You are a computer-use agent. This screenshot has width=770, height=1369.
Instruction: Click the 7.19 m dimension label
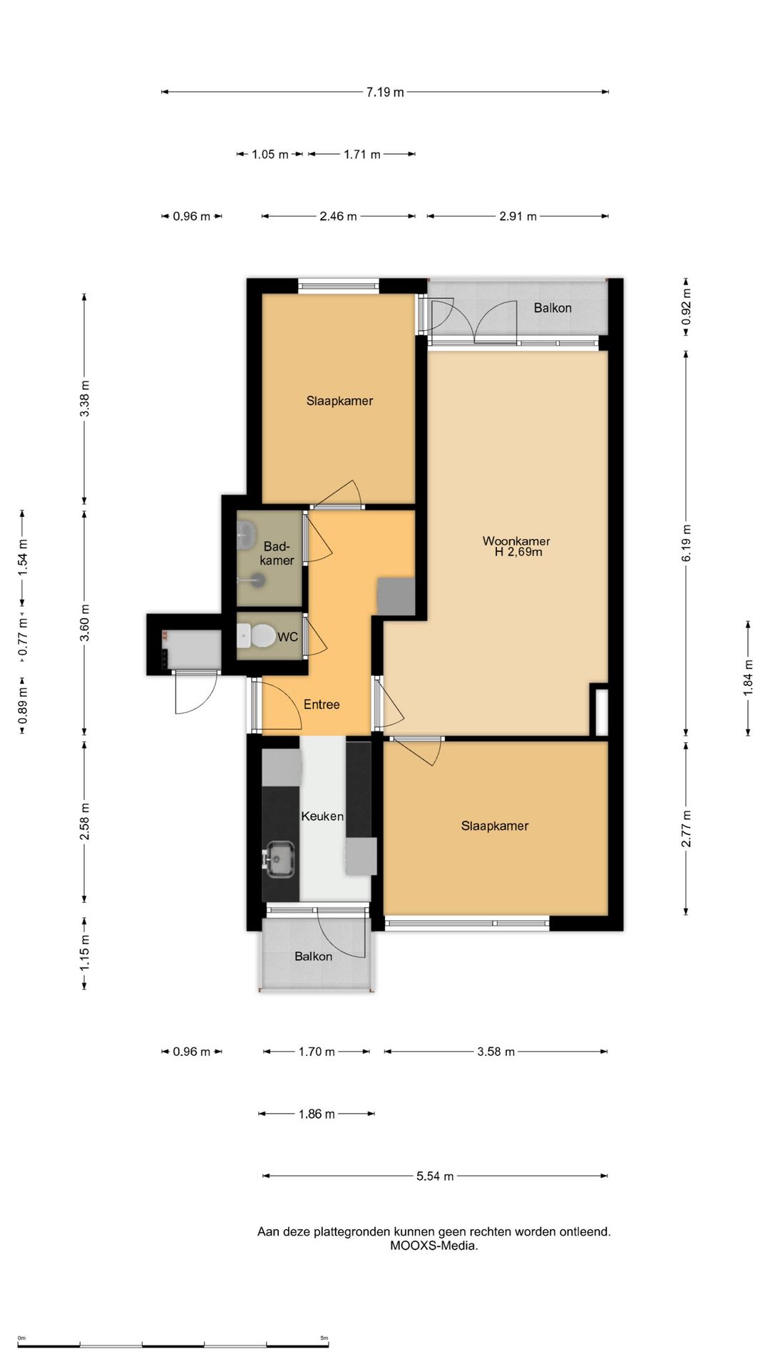click(x=385, y=92)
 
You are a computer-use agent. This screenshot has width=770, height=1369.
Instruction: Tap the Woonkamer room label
click(x=516, y=541)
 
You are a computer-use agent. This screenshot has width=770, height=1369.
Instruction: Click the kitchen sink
click(x=279, y=858)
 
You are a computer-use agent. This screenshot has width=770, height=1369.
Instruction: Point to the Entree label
click(x=322, y=704)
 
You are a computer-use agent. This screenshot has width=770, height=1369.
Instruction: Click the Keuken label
click(x=322, y=816)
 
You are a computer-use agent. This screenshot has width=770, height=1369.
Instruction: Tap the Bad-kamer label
click(x=277, y=553)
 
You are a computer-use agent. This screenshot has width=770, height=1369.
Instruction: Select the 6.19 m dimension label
click(x=687, y=543)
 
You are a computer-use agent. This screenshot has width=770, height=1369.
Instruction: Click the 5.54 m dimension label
click(x=435, y=1176)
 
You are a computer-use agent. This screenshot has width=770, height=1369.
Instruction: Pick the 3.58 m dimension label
click(x=496, y=1052)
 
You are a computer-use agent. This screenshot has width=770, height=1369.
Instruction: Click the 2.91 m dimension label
click(x=518, y=216)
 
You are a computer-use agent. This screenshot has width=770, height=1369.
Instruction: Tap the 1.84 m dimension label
click(x=748, y=677)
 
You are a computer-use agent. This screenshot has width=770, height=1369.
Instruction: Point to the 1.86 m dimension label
click(x=317, y=1114)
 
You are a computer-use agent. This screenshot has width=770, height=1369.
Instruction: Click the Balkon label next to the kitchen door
click(x=314, y=956)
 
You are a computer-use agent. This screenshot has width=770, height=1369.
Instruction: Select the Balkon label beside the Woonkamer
click(x=553, y=308)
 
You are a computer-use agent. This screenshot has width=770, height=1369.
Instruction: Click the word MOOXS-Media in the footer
click(x=433, y=1246)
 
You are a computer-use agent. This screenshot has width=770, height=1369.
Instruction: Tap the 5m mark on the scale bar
click(x=324, y=1338)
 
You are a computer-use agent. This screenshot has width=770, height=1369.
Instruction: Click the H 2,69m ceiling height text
click(x=518, y=552)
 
